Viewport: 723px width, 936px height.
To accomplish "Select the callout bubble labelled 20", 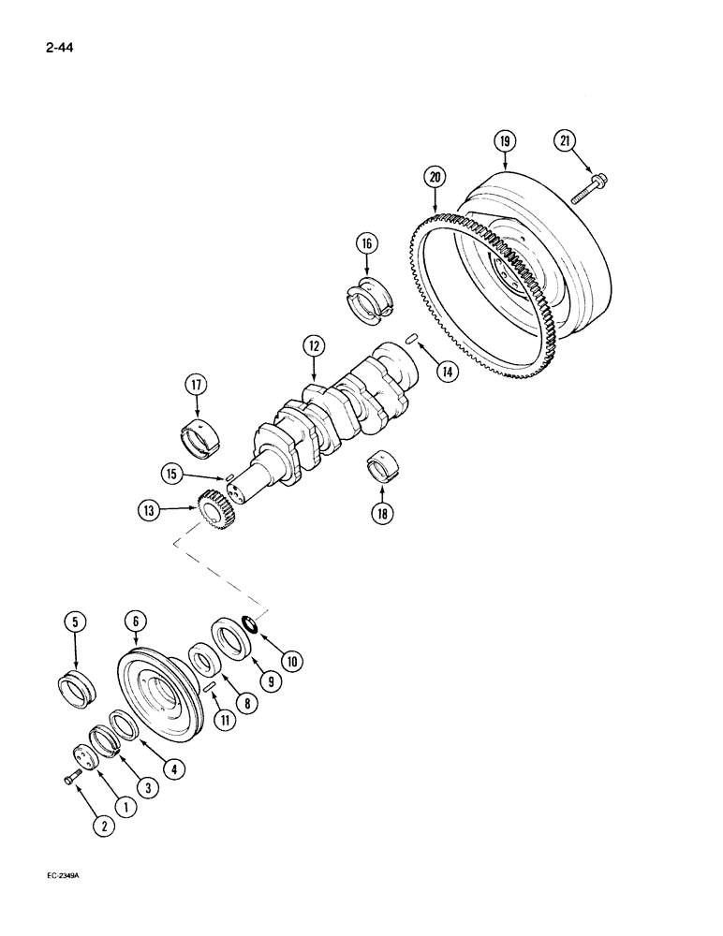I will tap(435, 175).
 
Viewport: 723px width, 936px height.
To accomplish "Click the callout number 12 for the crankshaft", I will tap(312, 347).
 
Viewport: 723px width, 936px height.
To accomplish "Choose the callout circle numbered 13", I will tap(148, 511).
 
